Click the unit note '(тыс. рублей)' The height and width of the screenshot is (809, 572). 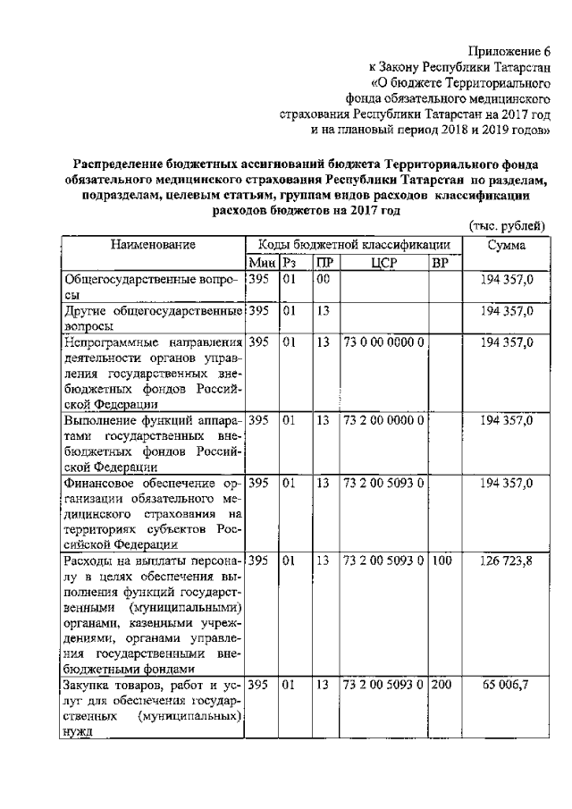[x=506, y=226]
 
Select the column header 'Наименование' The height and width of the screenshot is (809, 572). [x=154, y=244]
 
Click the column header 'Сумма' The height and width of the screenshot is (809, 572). [x=507, y=244]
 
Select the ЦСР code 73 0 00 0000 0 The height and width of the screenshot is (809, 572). [x=383, y=342]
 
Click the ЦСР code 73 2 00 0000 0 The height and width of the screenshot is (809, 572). [x=383, y=419]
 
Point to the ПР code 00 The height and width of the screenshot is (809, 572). [x=323, y=280]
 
